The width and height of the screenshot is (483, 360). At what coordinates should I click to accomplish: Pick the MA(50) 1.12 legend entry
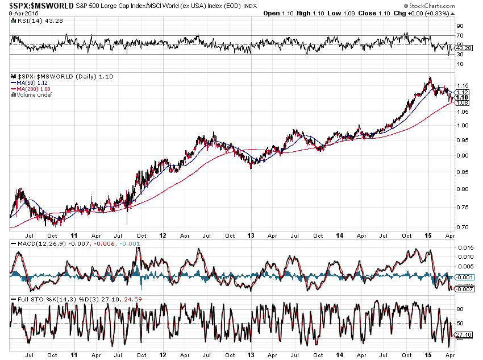coord(33,82)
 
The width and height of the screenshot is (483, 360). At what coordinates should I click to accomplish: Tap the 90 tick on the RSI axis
coord(460,26)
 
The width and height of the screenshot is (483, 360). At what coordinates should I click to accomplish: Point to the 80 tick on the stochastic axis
coord(460,309)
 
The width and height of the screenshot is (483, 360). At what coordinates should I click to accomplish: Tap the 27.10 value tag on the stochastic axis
coord(463,336)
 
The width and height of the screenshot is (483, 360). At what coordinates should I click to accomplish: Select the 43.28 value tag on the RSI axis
coord(464,48)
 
